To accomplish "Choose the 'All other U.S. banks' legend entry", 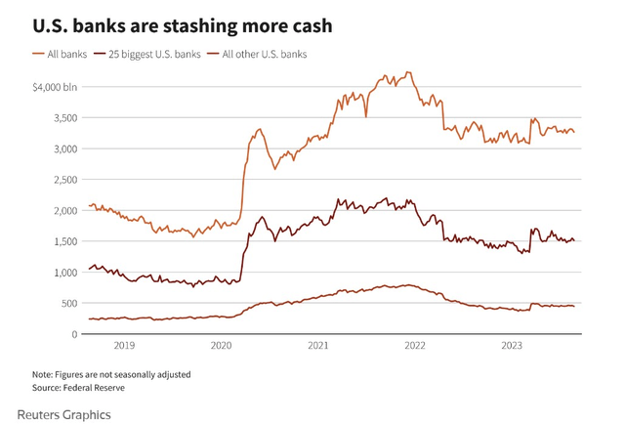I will coord(259,54).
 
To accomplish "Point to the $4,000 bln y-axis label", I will coord(56,87).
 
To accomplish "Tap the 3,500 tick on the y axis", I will coord(65,118).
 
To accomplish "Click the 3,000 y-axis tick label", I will coord(65,149).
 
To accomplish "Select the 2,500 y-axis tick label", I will coord(65,180).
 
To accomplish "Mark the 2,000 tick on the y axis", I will coord(65,211).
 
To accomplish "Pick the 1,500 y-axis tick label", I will coord(65,242).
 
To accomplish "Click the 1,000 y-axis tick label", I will coord(65,273).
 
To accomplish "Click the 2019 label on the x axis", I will coord(125,346).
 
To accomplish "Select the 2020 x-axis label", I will coord(222,346).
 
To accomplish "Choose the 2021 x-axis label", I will coord(318,346).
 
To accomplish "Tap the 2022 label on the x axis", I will coord(415,346).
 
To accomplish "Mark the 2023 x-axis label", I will coord(512,346).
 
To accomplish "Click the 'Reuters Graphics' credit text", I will coord(64,414).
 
